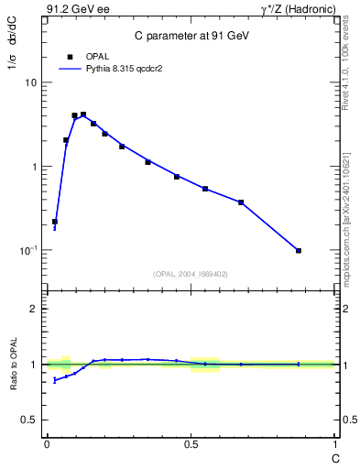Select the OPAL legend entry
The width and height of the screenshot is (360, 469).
pyautogui.click(x=85, y=56)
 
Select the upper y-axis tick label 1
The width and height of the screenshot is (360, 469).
pyautogui.click(x=33, y=167)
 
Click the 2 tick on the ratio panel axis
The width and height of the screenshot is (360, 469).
pyautogui.click(x=33, y=310)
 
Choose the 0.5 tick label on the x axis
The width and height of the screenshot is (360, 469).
pyautogui.click(x=190, y=444)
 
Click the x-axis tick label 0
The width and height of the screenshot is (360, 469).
pyautogui.click(x=46, y=444)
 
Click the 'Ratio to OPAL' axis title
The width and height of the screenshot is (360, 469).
pyautogui.click(x=13, y=364)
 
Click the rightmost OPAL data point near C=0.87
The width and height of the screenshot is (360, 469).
pyautogui.click(x=299, y=250)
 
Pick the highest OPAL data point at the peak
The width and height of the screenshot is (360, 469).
pyautogui.click(x=83, y=115)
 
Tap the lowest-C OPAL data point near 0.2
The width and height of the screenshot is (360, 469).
pyautogui.click(x=55, y=222)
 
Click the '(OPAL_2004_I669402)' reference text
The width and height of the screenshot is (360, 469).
pyautogui.click(x=191, y=273)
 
